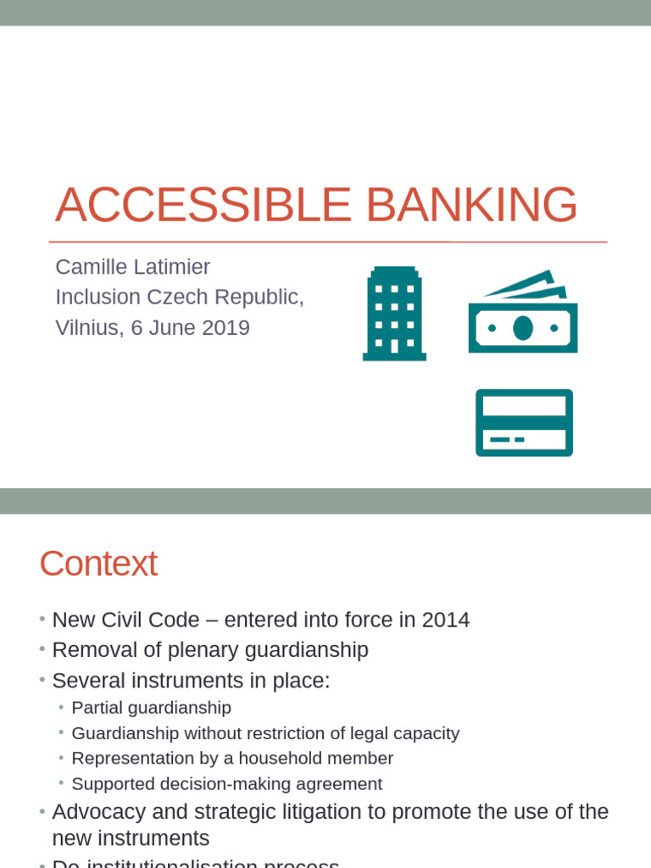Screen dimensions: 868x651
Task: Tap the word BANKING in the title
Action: coord(470,205)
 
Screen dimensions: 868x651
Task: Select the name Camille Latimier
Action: coord(132,267)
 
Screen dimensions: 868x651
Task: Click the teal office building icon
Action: coord(394,314)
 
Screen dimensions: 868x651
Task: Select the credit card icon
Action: coord(524,422)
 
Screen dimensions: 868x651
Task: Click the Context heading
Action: coord(98,564)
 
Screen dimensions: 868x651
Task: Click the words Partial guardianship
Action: coord(151,708)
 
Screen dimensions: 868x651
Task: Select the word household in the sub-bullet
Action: coord(285,759)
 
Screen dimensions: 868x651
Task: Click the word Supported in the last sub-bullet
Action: coord(109,784)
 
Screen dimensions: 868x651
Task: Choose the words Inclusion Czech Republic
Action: coord(179,298)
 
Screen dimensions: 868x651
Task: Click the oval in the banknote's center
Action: coord(523,328)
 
